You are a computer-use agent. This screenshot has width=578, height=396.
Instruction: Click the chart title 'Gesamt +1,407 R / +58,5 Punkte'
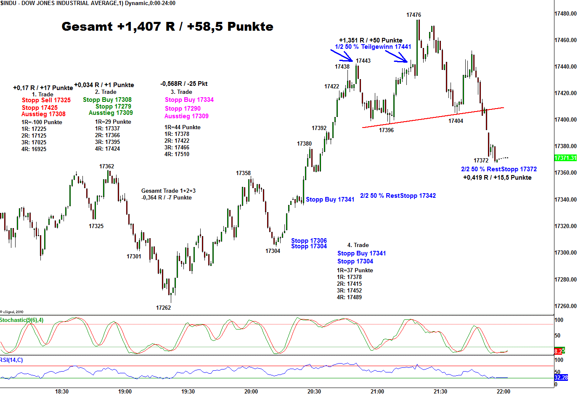pyautogui.click(x=167, y=27)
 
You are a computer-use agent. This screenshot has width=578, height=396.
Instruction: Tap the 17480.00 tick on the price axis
pyautogui.click(x=565, y=13)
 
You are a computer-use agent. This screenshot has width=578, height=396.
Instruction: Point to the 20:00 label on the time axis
pyautogui.click(x=251, y=391)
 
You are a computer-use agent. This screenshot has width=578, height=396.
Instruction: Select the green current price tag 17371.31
pyautogui.click(x=565, y=158)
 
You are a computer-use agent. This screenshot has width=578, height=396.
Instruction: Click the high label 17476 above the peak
pyautogui.click(x=414, y=15)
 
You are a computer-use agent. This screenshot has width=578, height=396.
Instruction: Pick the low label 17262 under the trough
pyautogui.click(x=163, y=308)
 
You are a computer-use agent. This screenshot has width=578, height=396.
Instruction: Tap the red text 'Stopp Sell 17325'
pyautogui.click(x=46, y=100)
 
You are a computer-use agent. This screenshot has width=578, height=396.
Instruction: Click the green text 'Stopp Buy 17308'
pyautogui.click(x=107, y=100)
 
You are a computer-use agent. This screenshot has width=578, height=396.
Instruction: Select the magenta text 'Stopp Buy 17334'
pyautogui.click(x=189, y=100)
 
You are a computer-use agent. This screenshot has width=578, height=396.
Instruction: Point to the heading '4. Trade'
pyautogui.click(x=358, y=245)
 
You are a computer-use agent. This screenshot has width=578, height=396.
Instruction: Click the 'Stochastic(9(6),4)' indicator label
pyautogui.click(x=22, y=320)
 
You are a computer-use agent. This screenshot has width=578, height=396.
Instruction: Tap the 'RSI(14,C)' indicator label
pyautogui.click(x=12, y=360)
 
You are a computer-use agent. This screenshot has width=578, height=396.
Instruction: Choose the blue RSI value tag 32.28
pyautogui.click(x=561, y=378)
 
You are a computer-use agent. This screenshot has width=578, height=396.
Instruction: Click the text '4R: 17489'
pyautogui.click(x=349, y=297)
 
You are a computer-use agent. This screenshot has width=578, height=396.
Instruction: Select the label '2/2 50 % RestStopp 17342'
pyautogui.click(x=398, y=196)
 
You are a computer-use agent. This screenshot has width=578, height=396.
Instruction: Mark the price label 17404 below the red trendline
pyautogui.click(x=456, y=121)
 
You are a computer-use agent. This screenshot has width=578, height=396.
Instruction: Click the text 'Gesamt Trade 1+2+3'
pyautogui.click(x=168, y=191)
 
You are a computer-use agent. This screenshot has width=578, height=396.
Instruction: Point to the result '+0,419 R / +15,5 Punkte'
pyautogui.click(x=497, y=178)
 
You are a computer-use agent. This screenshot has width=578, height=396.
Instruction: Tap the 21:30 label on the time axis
pyautogui.click(x=440, y=391)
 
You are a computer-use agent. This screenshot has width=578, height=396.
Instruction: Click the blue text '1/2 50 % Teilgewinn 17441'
pyautogui.click(x=373, y=47)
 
